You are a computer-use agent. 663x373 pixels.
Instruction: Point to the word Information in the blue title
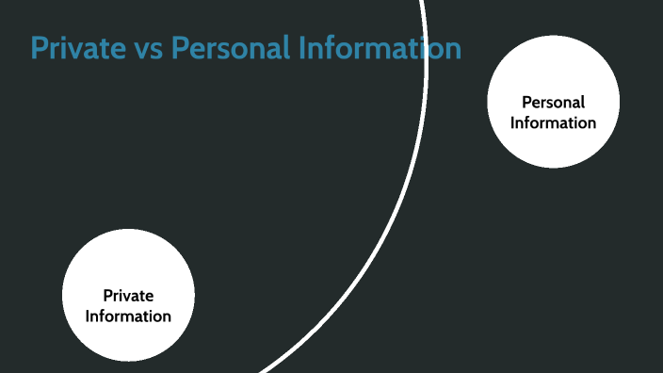coord(376,48)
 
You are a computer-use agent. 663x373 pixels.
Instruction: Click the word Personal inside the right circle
coord(554,103)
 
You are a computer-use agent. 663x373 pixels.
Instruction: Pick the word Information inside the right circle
coord(554,122)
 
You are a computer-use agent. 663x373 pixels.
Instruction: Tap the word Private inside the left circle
coord(128,296)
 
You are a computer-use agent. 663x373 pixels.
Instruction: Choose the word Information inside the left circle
coord(128,316)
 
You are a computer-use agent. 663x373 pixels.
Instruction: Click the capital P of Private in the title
coord(39,48)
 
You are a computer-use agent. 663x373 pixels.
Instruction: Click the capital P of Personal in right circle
coord(526,103)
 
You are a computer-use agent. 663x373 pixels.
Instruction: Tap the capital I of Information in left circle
coord(89,316)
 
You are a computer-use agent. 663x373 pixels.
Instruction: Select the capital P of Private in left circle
coord(107,296)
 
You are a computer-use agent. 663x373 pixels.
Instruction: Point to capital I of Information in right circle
coord(514,122)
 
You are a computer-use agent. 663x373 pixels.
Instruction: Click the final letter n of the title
coord(453,50)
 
